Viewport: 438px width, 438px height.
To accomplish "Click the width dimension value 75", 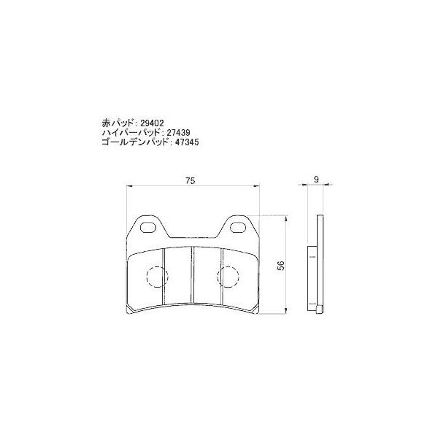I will point(189,180).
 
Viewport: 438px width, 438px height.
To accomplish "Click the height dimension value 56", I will point(281,266).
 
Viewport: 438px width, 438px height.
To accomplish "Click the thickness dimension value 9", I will point(315,179).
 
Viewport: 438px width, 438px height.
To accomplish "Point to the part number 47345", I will point(185,145).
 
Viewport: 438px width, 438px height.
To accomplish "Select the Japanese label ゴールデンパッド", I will point(136,145).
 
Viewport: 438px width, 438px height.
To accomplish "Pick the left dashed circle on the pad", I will point(156,277).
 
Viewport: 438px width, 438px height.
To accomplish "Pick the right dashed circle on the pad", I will point(228,277).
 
